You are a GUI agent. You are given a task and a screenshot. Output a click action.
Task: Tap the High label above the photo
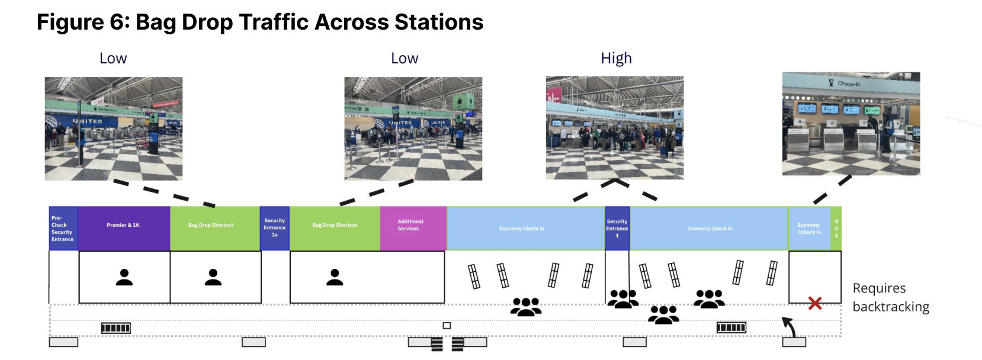(x=616, y=58)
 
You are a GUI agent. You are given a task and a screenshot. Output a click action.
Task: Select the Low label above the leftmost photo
(x=113, y=58)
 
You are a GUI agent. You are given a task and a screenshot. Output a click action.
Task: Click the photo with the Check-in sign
(x=851, y=124)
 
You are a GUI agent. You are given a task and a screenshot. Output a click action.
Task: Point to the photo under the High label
(x=614, y=128)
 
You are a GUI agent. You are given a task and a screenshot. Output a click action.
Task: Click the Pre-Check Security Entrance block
(x=63, y=229)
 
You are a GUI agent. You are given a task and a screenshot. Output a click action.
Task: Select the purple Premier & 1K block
(x=124, y=228)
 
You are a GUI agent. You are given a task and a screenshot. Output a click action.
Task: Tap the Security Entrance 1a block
(x=274, y=228)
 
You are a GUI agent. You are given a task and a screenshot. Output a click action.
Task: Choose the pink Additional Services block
(x=413, y=228)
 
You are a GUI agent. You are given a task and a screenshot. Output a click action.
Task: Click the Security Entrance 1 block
(x=617, y=229)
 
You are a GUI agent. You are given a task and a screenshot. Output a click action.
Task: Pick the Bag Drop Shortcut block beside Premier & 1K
(x=214, y=228)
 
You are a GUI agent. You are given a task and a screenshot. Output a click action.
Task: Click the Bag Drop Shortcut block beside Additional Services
(x=335, y=228)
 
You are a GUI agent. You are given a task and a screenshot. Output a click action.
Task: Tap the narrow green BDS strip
(x=836, y=229)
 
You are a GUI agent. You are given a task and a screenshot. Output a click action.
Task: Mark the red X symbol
(x=815, y=303)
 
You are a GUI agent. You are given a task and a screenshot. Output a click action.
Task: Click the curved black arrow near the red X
(x=789, y=326)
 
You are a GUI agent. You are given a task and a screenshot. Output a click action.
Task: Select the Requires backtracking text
(x=890, y=297)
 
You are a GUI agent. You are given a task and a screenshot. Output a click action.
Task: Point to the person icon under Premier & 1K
(x=124, y=278)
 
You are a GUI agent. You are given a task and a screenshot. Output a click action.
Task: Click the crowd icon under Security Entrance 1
(x=622, y=298)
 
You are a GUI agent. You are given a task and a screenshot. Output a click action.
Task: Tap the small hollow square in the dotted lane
(x=447, y=326)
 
